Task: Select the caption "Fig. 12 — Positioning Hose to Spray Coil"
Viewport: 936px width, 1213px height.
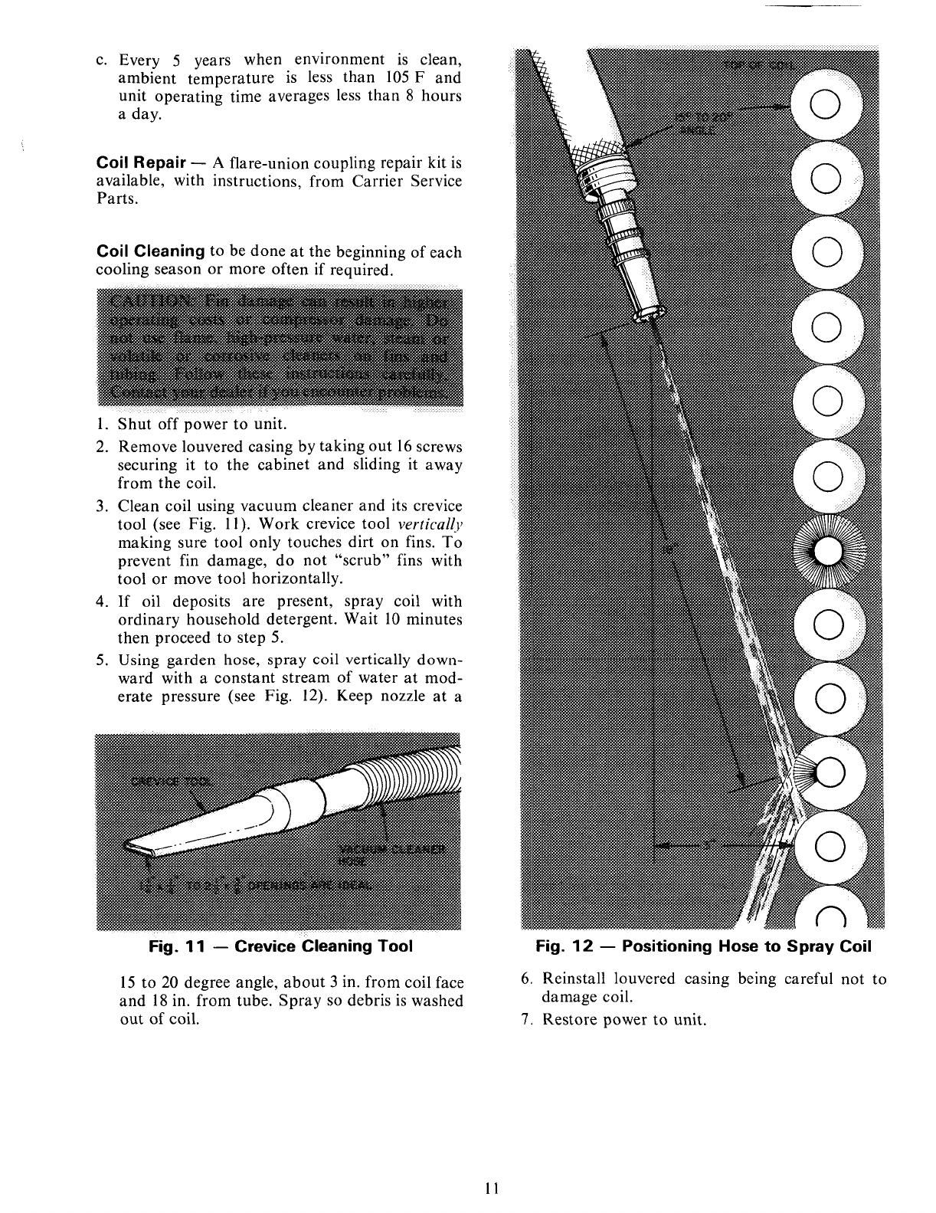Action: [703, 946]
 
